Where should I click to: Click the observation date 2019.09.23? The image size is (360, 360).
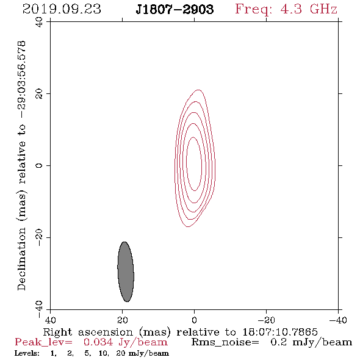point(62,9)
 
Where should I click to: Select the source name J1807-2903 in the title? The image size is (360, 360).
point(175,9)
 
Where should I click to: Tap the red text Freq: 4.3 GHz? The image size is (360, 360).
point(286,9)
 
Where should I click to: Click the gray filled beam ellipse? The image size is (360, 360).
point(126,272)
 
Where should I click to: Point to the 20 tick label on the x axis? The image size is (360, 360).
point(123,320)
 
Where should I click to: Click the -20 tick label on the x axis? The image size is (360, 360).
point(266,320)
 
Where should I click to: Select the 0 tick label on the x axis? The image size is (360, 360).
point(194,320)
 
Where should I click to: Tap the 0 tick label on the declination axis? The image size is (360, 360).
point(39,165)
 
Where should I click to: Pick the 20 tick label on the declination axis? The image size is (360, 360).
point(39,94)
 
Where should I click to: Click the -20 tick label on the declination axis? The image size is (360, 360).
point(39,237)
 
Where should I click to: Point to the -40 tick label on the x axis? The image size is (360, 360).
point(338,320)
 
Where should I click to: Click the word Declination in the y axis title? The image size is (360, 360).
point(21,259)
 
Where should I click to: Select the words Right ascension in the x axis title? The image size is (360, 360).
point(88,332)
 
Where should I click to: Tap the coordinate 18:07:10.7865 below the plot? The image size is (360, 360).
point(280,332)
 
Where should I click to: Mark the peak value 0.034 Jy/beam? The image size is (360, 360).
point(126,342)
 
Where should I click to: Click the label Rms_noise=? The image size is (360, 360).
point(225,342)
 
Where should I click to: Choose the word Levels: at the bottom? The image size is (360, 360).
point(27,353)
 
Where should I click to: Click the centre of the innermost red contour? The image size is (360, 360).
point(194,164)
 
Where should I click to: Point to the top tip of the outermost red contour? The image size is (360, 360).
point(198,90)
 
